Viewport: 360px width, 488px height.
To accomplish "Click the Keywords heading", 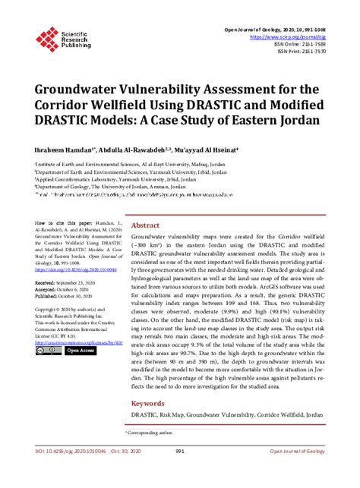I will [x=149, y=404].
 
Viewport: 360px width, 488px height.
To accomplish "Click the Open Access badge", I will [x=79, y=351].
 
